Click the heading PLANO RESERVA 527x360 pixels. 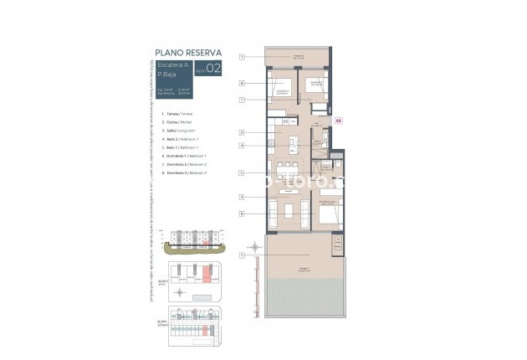pyautogui.click(x=187, y=51)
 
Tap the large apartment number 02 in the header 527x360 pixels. pyautogui.click(x=213, y=69)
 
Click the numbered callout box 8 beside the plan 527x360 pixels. pyautogui.click(x=241, y=83)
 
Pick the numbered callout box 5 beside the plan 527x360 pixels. pyautogui.click(x=241, y=172)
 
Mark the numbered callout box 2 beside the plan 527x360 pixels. pyautogui.click(x=241, y=132)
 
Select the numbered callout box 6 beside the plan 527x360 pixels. pyautogui.click(x=241, y=213)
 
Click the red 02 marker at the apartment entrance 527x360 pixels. pyautogui.click(x=338, y=121)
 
